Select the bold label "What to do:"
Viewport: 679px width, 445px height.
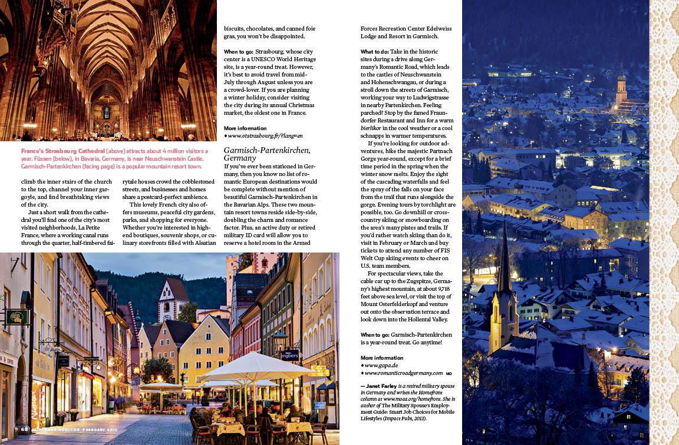point(374,52)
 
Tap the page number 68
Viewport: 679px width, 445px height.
point(25,429)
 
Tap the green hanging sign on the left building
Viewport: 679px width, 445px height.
point(16,317)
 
